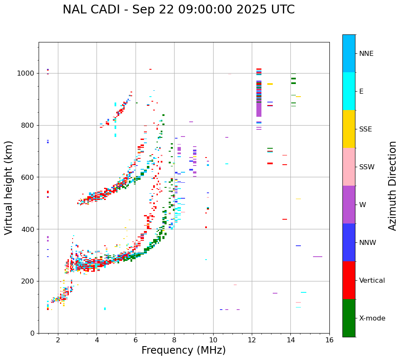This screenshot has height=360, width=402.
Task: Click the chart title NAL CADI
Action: pos(178,10)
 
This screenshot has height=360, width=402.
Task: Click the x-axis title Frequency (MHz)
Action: pos(183,350)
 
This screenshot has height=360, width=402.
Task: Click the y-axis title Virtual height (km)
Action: pos(9,188)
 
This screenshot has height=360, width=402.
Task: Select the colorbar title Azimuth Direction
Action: pos(392,186)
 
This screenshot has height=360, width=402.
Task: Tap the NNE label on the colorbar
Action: pos(366,54)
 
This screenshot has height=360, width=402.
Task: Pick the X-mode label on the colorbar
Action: pos(372,318)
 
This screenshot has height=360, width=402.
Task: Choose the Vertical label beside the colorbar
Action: pos(372,281)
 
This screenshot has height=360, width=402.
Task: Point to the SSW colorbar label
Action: pos(367,167)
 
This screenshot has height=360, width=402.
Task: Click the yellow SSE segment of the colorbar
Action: pos(349,129)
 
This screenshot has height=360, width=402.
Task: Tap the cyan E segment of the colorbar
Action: pos(349,91)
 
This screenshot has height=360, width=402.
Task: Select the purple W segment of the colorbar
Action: pos(349,205)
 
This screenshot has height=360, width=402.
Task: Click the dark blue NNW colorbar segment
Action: pos(349,242)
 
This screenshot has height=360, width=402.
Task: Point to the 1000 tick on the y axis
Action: pos(28,73)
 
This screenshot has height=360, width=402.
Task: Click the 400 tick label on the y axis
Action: pos(30,229)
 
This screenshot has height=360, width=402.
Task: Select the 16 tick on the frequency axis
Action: pos(329,340)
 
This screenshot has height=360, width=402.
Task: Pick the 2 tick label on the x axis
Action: pos(58,340)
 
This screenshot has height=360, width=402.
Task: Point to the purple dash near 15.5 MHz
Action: pos(318,257)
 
